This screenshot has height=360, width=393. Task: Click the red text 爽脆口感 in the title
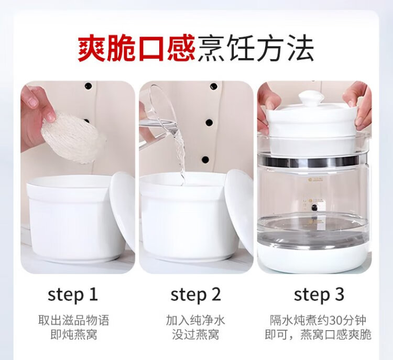[x=136, y=48]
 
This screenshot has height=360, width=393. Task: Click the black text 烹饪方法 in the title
[x=256, y=48]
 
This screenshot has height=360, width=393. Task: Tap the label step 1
[x=72, y=294]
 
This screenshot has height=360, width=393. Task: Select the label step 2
[x=195, y=294]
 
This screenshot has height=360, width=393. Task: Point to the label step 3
[x=319, y=294]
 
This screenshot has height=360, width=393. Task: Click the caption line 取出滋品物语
[x=74, y=320]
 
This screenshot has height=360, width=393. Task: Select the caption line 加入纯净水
[x=195, y=320]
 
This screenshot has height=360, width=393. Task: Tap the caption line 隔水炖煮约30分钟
[x=318, y=320]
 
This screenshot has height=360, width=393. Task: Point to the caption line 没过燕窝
[x=195, y=335]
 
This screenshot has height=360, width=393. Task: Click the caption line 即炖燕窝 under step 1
[x=74, y=335]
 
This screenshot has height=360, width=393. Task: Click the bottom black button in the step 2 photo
[x=205, y=160]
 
